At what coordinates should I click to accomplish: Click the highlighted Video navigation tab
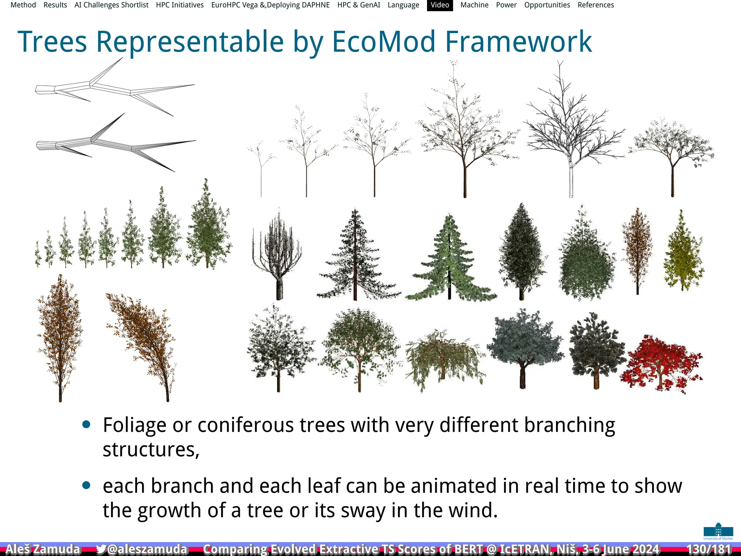440,5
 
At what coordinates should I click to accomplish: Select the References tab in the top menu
596,5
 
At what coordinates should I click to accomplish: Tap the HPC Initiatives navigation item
180,5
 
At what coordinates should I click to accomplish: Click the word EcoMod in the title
384,42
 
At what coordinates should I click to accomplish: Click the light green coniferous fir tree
450,259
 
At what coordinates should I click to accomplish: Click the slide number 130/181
709,549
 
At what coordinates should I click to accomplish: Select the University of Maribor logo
718,531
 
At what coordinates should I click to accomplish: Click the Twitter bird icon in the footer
101,549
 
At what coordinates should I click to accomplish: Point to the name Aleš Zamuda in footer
43,549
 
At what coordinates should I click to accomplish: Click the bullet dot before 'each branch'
86,485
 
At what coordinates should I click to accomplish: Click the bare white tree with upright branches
277,253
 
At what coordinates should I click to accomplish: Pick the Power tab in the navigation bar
506,5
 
